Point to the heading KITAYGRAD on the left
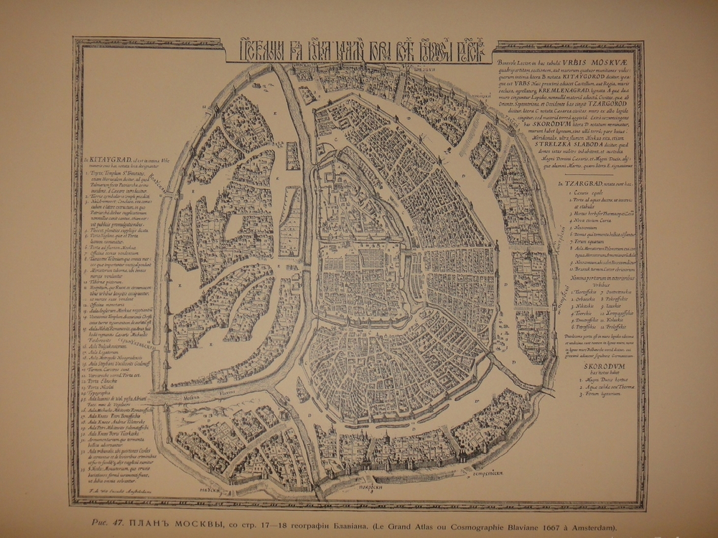point(104,160)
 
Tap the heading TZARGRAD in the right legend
point(577,185)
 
